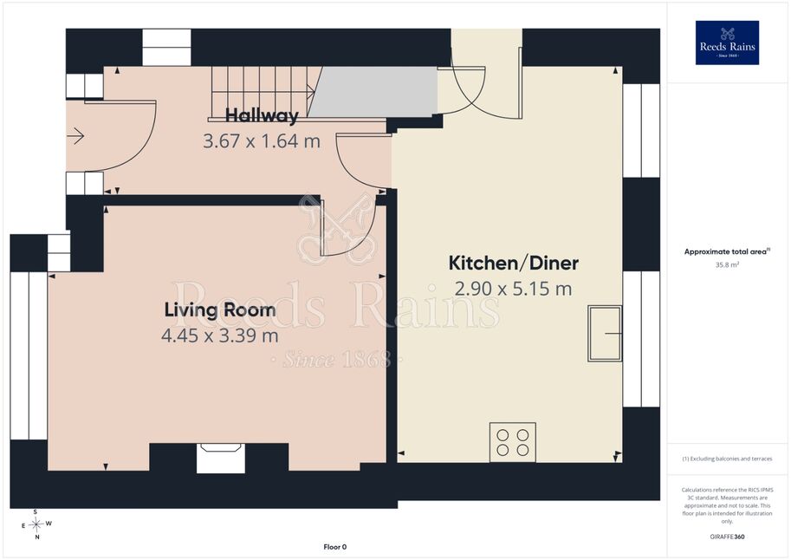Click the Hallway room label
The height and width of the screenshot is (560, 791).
tap(262, 115)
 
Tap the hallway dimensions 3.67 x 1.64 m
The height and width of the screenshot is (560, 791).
tap(262, 141)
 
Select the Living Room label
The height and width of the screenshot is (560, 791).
tap(220, 309)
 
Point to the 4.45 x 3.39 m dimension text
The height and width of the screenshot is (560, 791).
tap(220, 335)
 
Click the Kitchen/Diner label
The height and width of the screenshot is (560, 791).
tap(514, 263)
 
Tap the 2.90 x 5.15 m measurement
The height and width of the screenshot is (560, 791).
tap(514, 289)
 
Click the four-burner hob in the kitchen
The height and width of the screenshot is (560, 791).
tap(513, 442)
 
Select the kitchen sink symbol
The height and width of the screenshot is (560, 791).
tap(605, 333)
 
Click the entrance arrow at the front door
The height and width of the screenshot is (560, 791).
tap(75, 136)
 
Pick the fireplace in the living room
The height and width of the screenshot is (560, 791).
tap(220, 458)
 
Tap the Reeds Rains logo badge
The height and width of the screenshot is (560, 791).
tap(727, 43)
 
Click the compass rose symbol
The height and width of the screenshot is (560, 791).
tap(36, 524)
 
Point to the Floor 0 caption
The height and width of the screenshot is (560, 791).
tap(335, 547)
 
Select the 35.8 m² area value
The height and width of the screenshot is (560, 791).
tap(727, 264)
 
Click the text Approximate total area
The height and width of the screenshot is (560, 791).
tap(725, 251)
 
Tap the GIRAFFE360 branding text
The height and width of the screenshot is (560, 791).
tap(727, 537)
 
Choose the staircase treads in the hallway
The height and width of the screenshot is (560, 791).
tap(263, 93)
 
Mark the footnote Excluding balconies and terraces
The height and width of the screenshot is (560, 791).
tap(727, 459)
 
